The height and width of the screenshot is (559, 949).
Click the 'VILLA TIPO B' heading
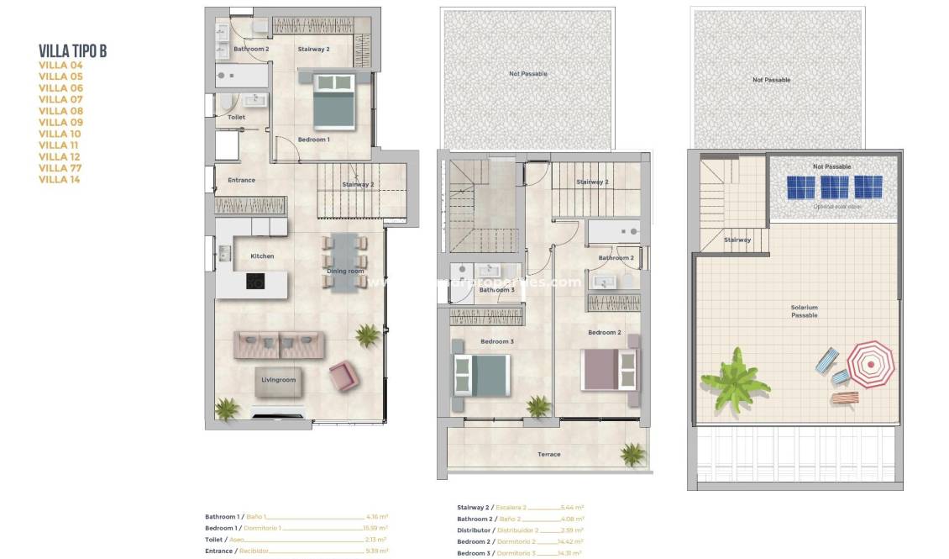click(73, 51)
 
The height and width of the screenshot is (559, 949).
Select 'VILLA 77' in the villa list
click(60, 168)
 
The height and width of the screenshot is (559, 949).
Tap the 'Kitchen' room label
click(262, 256)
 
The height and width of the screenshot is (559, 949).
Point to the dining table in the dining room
click(343, 261)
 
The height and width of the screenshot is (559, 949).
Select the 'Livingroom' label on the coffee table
click(278, 380)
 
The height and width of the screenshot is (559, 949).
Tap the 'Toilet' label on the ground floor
click(237, 118)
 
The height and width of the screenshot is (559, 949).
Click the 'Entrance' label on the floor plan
click(242, 180)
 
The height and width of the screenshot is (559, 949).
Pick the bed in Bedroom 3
click(481, 374)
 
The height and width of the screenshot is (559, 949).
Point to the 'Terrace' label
click(548, 455)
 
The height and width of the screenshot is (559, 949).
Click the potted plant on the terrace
click(633, 455)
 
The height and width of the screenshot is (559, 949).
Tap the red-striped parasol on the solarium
click(870, 364)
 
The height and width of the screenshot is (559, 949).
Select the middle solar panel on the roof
click(834, 186)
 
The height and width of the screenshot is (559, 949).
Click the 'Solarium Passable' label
click(804, 311)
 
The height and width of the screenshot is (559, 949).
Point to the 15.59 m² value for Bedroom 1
click(377, 528)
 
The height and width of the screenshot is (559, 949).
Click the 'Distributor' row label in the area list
click(474, 530)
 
